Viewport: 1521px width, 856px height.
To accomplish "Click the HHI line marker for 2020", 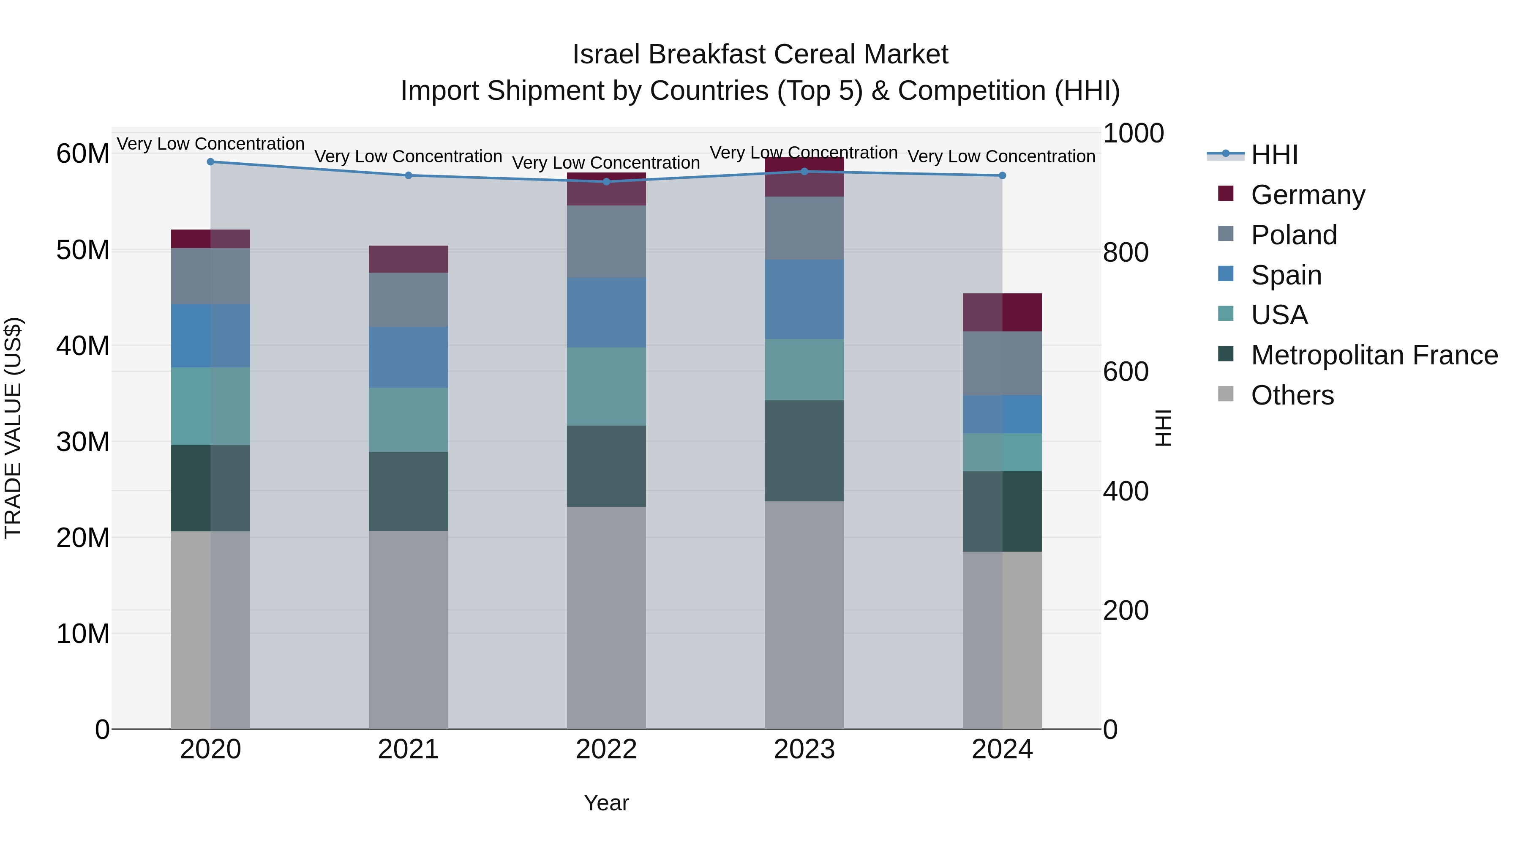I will click(210, 162).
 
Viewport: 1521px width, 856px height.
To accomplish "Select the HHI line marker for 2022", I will click(606, 182).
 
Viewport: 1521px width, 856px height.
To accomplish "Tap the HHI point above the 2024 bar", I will click(1002, 175).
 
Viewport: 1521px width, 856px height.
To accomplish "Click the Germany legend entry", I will click(1307, 195).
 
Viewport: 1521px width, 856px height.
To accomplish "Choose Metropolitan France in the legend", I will click(1374, 355).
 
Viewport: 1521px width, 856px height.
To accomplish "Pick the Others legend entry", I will click(1292, 395).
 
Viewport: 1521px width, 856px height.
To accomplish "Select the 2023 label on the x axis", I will click(804, 749).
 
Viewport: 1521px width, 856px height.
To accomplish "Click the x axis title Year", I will click(606, 803).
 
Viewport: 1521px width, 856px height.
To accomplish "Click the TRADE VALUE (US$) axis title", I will click(13, 428).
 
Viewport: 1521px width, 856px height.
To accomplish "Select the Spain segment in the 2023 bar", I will click(804, 300).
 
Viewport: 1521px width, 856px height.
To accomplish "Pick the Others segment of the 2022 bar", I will click(606, 617).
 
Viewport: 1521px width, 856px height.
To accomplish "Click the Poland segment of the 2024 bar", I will click(1002, 363).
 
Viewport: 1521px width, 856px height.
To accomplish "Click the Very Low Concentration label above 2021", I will click(408, 156).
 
